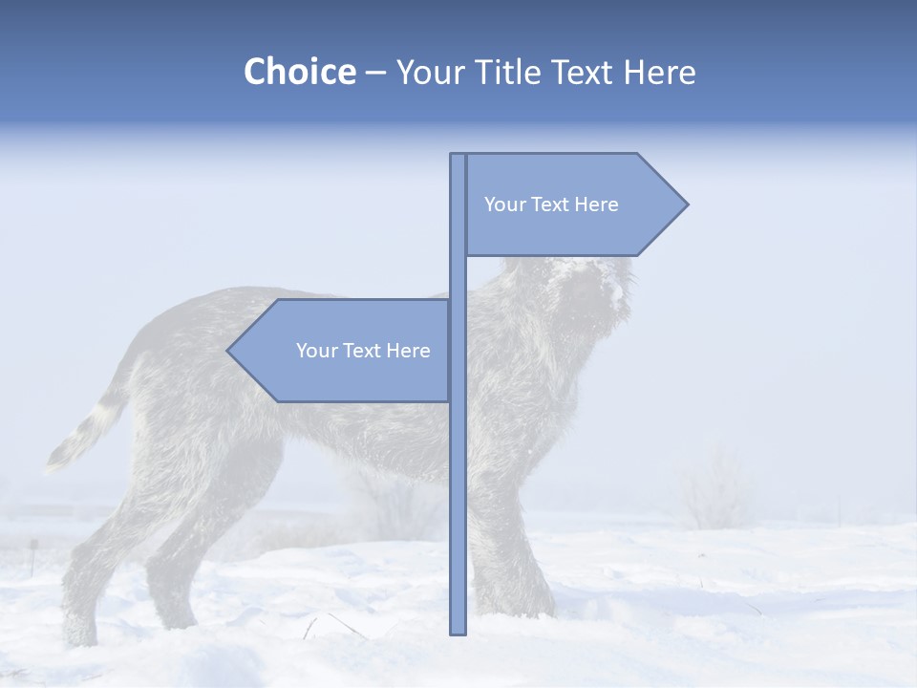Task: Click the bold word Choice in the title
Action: click(299, 72)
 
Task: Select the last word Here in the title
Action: click(659, 72)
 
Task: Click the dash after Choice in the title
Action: click(375, 73)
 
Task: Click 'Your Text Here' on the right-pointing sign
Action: click(551, 204)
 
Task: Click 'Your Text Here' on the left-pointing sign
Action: click(363, 351)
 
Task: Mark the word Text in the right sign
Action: click(551, 204)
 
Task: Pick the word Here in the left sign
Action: click(408, 351)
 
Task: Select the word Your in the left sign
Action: click(317, 351)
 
